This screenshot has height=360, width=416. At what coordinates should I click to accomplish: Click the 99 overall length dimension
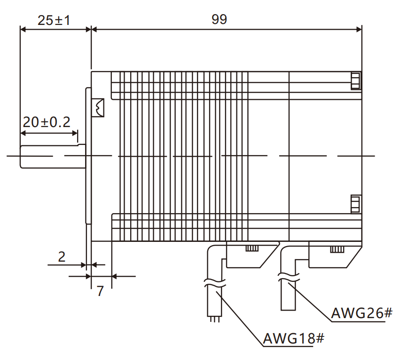pos(219,19)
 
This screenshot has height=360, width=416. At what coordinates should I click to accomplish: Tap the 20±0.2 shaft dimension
pos(47,122)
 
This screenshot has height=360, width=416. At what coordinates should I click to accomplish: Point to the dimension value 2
pos(62,256)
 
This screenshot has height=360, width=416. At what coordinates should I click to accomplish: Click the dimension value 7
pos(100,291)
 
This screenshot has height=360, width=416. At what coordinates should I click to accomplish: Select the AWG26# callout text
pos(361,313)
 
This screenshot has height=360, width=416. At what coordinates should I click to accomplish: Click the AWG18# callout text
pos(294,338)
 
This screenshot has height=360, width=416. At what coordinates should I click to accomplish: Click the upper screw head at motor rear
pos(355,80)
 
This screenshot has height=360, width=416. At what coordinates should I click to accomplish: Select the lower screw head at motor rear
pos(355,204)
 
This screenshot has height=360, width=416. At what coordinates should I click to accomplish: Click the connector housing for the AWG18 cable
pos(249,256)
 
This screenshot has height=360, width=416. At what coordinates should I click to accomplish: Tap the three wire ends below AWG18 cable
pos(215,320)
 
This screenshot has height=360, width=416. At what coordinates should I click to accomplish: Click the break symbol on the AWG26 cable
pos(287,278)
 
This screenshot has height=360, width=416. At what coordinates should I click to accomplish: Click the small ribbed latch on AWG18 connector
pos(252,248)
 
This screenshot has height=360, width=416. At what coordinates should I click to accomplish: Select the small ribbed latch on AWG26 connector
pos(336,249)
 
